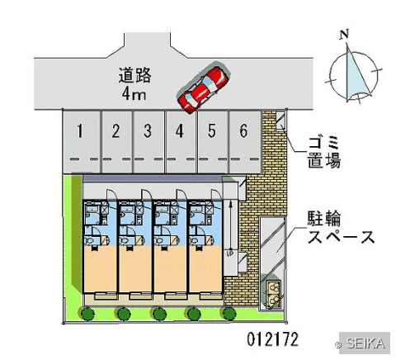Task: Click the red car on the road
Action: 203,88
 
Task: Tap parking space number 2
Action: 117,141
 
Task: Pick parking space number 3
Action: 148,141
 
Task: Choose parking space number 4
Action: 181,141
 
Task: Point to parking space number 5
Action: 213,141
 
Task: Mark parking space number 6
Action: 244,141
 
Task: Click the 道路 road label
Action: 134,75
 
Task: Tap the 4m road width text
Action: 134,94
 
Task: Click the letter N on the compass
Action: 344,34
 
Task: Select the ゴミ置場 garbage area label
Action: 324,152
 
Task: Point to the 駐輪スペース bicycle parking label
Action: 341,227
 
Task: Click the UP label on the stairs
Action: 230,253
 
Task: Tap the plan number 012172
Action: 272,339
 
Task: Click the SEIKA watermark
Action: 365,343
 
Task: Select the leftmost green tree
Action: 87,314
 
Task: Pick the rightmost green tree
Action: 229,314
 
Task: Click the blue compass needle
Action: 355,74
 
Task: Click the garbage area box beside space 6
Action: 280,121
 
